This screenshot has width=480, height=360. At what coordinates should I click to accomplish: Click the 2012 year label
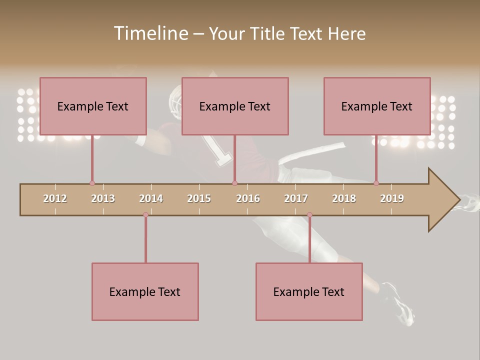click(x=55, y=198)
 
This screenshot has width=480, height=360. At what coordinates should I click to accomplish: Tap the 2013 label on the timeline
click(x=103, y=198)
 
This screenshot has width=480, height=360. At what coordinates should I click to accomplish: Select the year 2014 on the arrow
click(x=151, y=198)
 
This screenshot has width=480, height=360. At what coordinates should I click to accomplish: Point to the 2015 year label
click(x=199, y=198)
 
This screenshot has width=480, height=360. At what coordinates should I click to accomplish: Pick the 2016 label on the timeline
click(x=248, y=198)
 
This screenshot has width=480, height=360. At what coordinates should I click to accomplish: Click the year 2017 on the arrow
click(x=296, y=198)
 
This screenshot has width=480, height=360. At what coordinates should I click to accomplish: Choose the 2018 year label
click(x=344, y=198)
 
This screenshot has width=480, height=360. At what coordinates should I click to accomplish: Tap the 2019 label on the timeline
click(x=392, y=198)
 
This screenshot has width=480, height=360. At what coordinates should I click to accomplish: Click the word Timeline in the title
click(x=149, y=33)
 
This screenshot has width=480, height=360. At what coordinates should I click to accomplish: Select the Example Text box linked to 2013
click(x=93, y=106)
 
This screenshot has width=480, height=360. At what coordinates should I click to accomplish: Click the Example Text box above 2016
click(x=235, y=106)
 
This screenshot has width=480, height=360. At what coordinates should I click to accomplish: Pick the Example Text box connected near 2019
click(x=377, y=106)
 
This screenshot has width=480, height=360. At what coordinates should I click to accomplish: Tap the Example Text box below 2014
click(x=145, y=291)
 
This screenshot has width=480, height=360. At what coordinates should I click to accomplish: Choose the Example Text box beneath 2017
click(x=309, y=291)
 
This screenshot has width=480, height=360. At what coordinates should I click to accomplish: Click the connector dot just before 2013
click(x=92, y=183)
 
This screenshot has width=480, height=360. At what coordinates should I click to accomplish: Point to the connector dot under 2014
click(x=145, y=215)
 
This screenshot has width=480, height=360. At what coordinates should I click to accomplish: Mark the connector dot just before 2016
click(x=234, y=183)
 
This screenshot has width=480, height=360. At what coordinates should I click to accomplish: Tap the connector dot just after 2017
click(x=309, y=215)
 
